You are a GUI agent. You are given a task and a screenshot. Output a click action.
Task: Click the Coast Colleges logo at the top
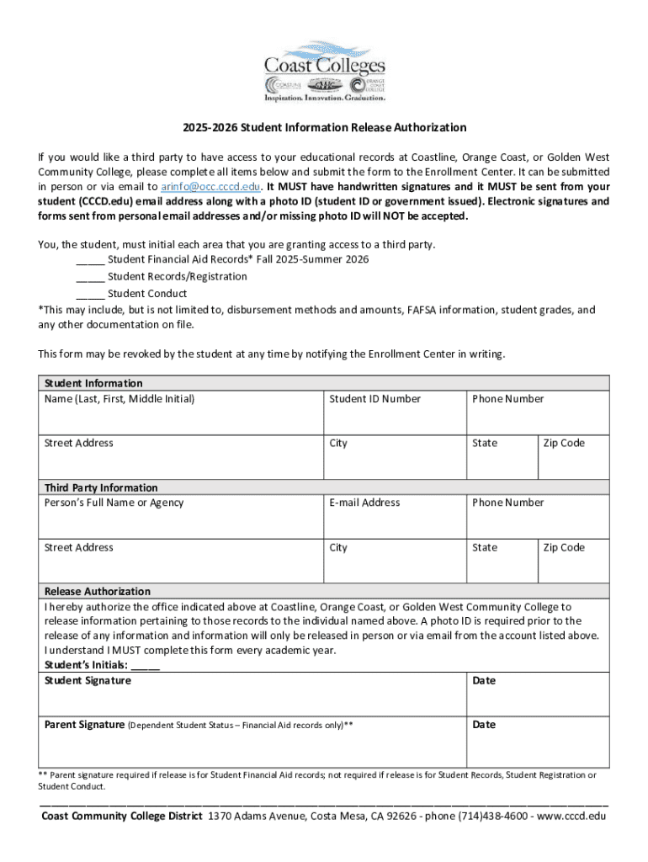tap(324, 71)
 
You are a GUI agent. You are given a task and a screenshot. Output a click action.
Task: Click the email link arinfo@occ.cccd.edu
tap(211, 186)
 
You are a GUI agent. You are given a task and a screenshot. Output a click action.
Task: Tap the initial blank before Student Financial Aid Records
tap(90, 259)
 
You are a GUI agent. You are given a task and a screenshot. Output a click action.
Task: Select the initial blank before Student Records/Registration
tap(90, 276)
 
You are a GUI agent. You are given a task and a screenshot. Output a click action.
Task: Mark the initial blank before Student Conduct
tap(90, 293)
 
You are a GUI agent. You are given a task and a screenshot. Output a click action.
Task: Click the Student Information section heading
tap(93, 383)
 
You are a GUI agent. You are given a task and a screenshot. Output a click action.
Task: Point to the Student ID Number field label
tap(374, 399)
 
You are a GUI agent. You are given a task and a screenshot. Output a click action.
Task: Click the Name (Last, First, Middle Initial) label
tap(120, 399)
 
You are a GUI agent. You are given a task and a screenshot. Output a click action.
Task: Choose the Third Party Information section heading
tap(101, 487)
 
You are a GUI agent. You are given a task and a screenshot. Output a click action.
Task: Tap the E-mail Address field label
tap(364, 503)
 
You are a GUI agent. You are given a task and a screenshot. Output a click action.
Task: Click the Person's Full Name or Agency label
tap(114, 503)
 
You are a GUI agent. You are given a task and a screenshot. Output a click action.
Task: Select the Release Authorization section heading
tap(98, 591)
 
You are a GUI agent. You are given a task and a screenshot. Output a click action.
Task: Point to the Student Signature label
tap(88, 680)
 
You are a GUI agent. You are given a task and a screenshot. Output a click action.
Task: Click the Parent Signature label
tap(84, 725)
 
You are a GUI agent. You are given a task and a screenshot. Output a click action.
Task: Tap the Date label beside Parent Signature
tap(484, 725)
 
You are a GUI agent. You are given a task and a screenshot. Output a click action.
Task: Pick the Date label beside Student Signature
tap(484, 680)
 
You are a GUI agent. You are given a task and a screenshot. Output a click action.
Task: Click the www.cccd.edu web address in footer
tap(570, 817)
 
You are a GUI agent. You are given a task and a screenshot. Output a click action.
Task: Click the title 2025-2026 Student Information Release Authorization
tap(324, 128)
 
